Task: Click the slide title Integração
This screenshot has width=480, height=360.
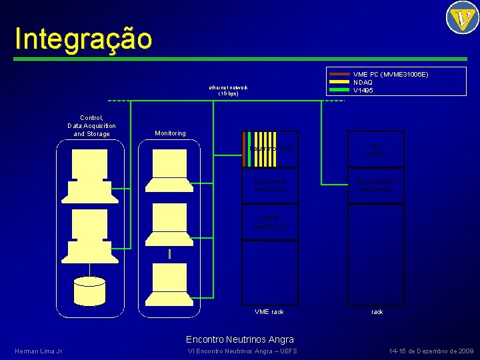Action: click(83, 39)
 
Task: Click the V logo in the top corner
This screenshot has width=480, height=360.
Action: click(462, 17)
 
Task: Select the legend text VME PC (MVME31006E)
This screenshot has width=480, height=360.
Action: click(390, 75)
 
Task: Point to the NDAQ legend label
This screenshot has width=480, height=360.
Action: click(363, 82)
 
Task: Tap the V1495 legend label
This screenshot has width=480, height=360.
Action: click(363, 90)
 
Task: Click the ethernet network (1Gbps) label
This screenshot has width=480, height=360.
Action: click(228, 91)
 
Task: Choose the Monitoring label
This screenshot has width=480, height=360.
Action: click(170, 133)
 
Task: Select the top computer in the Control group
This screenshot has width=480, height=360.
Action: click(89, 175)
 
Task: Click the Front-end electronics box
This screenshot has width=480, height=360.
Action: click(269, 185)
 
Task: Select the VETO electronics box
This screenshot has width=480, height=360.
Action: click(269, 222)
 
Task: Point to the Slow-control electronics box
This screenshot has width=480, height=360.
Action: click(375, 185)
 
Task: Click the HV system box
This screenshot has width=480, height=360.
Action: click(375, 149)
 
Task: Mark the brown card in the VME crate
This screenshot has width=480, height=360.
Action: click(244, 148)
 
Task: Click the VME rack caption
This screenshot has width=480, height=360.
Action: click(269, 312)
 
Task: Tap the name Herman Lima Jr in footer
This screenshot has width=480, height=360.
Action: click(38, 351)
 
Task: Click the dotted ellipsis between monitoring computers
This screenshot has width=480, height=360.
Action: click(171, 253)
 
